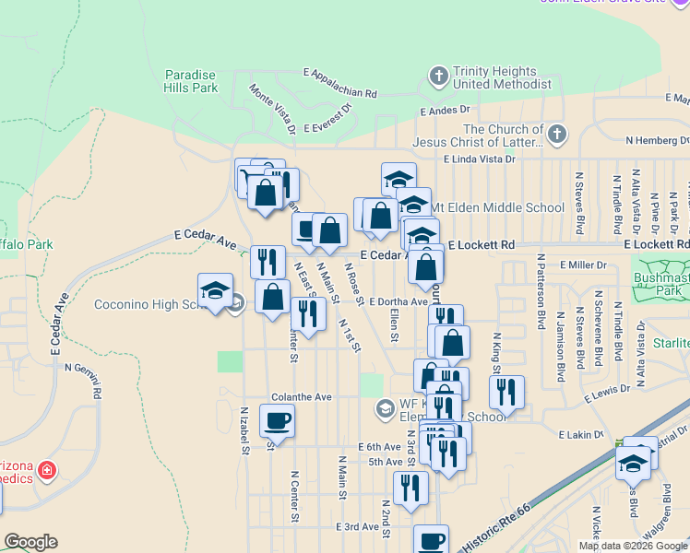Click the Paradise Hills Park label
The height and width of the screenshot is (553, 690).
click(x=191, y=81)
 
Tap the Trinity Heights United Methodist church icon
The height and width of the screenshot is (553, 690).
click(x=439, y=75)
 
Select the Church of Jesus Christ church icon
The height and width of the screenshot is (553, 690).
click(x=555, y=136)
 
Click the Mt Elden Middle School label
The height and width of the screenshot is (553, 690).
click(x=497, y=207)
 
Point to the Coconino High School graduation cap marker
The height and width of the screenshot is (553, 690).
click(x=215, y=290)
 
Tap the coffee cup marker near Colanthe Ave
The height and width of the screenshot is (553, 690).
click(x=277, y=422)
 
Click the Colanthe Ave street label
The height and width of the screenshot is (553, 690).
click(x=301, y=397)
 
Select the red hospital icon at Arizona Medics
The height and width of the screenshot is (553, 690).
click(x=47, y=473)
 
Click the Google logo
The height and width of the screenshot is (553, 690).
click(x=30, y=542)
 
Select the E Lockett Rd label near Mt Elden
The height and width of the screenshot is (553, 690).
click(x=481, y=245)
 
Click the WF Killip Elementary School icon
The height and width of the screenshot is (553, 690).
click(x=385, y=407)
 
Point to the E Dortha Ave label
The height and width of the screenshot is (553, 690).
click(x=399, y=301)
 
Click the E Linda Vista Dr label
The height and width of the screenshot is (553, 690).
click(x=479, y=159)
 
